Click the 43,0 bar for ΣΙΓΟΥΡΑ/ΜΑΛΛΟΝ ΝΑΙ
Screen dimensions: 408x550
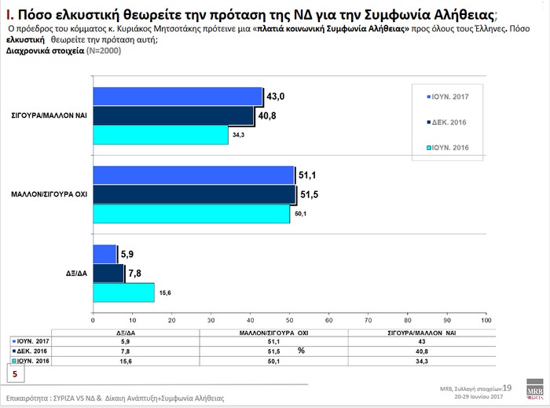click(178, 96)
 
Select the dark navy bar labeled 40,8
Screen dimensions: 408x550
click(174, 116)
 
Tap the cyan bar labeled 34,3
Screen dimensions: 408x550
click(160, 134)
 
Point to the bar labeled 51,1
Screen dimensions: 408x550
click(193, 175)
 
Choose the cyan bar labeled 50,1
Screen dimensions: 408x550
click(191, 213)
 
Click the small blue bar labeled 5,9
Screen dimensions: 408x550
click(104, 253)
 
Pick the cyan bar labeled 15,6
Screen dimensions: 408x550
click(123, 292)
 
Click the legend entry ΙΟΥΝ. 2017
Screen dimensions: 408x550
click(448, 97)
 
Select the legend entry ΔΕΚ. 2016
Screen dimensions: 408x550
click(448, 122)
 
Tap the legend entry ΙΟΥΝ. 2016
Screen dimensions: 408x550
click(448, 147)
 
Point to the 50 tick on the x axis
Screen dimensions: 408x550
click(289, 320)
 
